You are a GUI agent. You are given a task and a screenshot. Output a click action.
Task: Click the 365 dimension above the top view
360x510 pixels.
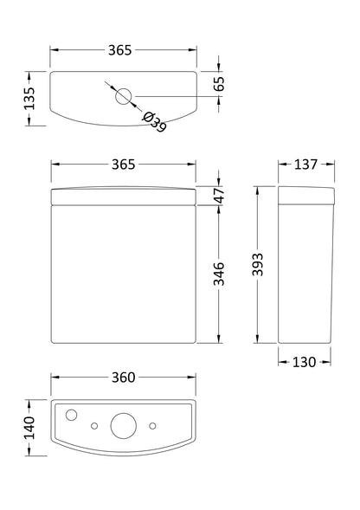(120, 51)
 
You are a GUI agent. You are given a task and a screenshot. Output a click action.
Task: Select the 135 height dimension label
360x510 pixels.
(29, 97)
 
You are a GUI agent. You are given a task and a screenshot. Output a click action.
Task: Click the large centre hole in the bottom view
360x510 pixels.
(122, 425)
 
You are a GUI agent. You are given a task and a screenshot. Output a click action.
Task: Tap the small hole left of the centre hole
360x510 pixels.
(94, 425)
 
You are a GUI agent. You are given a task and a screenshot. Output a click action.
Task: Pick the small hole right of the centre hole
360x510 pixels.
(151, 425)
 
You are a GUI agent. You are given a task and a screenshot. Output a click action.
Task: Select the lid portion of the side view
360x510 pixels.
(305, 196)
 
